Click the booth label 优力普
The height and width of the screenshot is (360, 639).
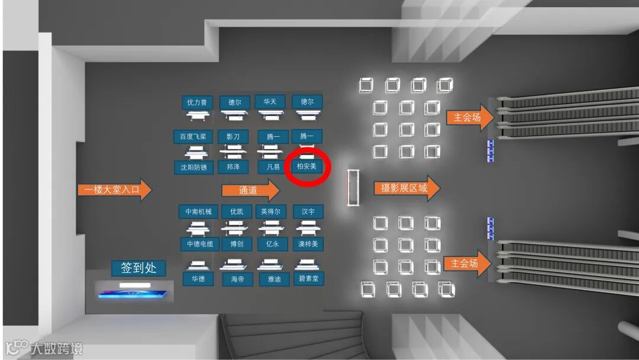197,102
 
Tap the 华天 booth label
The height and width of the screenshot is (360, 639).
270,101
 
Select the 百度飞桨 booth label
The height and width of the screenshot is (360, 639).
193,137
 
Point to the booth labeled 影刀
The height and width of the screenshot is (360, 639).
233,137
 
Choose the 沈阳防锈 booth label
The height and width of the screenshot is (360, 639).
193,168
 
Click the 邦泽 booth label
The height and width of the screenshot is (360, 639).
233,167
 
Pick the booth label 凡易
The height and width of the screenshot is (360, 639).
273,167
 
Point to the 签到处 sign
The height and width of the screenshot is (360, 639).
138,268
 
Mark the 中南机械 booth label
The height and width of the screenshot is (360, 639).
198,211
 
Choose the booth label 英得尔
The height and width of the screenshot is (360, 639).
271,211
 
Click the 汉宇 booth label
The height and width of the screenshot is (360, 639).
308,211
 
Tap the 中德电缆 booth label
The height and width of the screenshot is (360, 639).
200,243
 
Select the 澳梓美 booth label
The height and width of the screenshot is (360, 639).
308,243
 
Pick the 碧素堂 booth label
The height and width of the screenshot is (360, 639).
310,278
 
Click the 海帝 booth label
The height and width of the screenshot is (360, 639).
237,279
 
